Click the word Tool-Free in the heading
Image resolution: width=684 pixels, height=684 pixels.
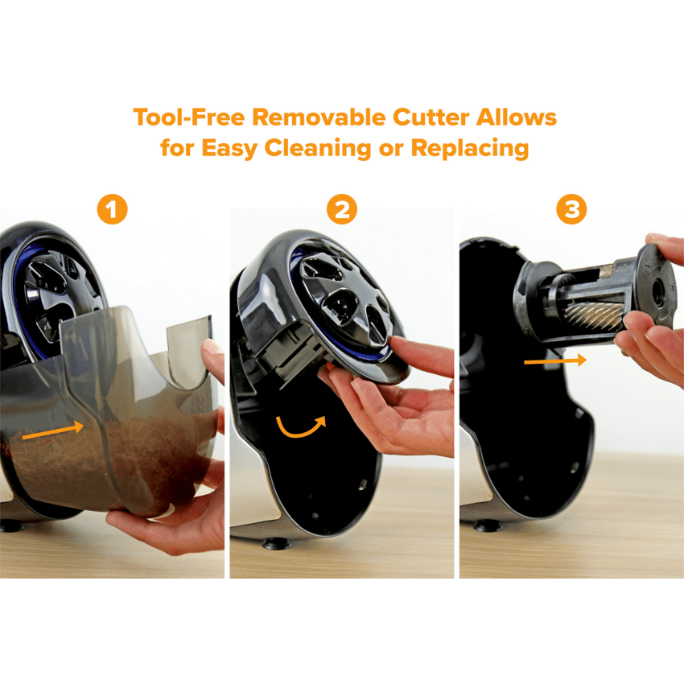(189, 117)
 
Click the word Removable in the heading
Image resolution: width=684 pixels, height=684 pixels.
(319, 117)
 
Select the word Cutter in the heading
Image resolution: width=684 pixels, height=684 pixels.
(431, 117)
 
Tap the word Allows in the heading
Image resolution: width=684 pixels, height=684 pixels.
(516, 117)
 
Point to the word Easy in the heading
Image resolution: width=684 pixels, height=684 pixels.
(229, 148)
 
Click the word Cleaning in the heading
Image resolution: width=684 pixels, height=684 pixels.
(318, 148)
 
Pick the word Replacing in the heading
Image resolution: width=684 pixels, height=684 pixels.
(470, 148)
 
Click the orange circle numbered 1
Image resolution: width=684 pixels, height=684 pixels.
(112, 209)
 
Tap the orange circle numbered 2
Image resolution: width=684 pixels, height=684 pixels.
(341, 209)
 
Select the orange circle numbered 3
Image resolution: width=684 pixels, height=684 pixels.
(571, 209)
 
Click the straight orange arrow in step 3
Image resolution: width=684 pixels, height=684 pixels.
(555, 361)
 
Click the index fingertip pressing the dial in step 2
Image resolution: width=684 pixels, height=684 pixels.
(398, 344)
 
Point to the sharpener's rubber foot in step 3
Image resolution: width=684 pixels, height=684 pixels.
(488, 526)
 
